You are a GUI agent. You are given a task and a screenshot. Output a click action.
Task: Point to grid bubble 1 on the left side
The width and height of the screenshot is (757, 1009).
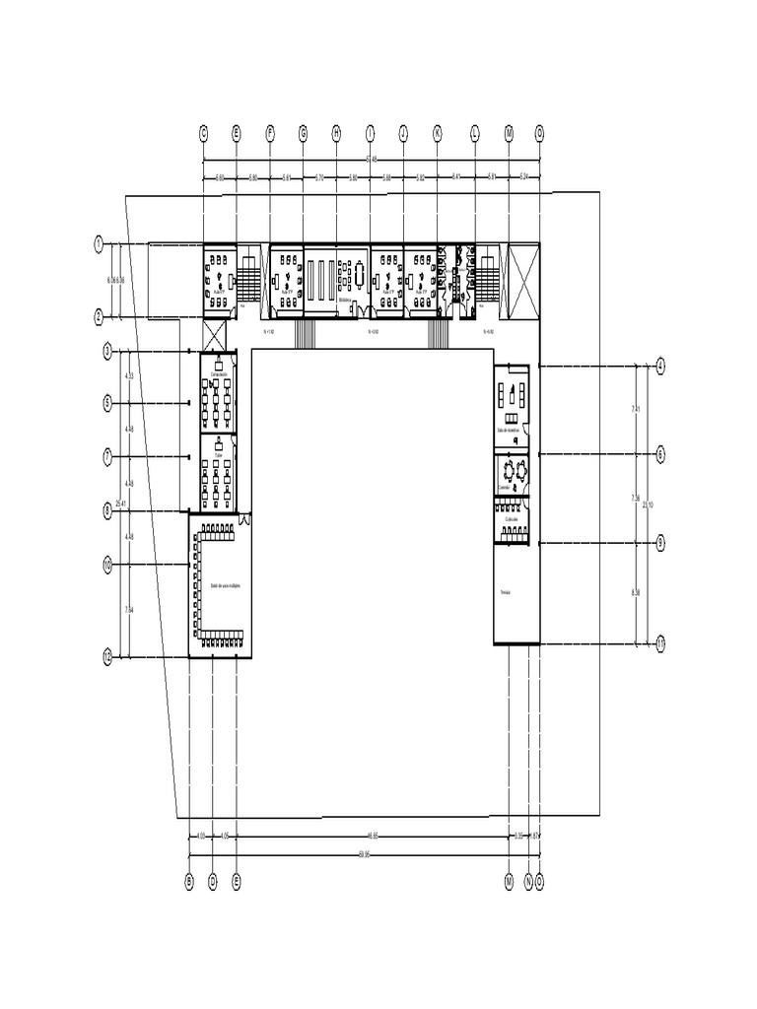point(98,242)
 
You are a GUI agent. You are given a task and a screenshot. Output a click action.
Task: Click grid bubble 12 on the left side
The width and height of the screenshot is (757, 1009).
point(108,656)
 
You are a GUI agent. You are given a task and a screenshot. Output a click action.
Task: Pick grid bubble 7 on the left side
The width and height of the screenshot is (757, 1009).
point(108,456)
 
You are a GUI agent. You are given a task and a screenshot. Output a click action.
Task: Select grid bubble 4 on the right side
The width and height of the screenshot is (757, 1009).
point(660,366)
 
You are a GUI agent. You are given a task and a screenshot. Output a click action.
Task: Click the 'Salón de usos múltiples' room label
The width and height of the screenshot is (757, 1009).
point(226,584)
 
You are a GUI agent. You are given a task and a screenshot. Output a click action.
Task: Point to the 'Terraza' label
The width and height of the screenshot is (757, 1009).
point(506,592)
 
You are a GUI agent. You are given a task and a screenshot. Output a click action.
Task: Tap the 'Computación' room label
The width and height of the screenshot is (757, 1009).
point(218,374)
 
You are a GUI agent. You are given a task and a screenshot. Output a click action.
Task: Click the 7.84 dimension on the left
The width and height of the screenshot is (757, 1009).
point(129,611)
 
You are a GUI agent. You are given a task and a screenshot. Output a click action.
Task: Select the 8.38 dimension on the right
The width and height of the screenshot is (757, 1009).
point(635,592)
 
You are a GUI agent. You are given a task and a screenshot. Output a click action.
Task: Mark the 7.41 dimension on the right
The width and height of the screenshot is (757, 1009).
point(635,408)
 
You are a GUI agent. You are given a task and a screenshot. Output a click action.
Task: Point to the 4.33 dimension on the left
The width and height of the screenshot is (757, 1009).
point(129,376)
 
